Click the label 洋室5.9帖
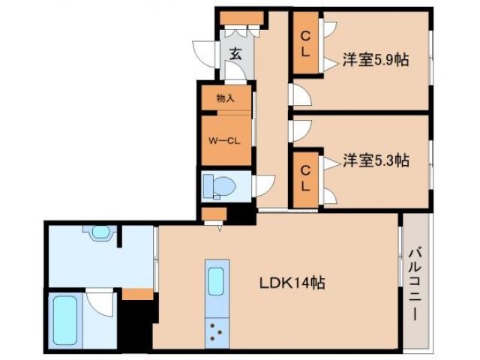(x=376, y=61)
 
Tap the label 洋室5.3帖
(x=376, y=160)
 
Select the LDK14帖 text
(x=292, y=283)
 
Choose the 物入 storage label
(x=225, y=98)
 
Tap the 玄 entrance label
(x=235, y=54)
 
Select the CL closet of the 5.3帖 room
(x=306, y=177)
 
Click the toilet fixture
(x=220, y=184)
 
